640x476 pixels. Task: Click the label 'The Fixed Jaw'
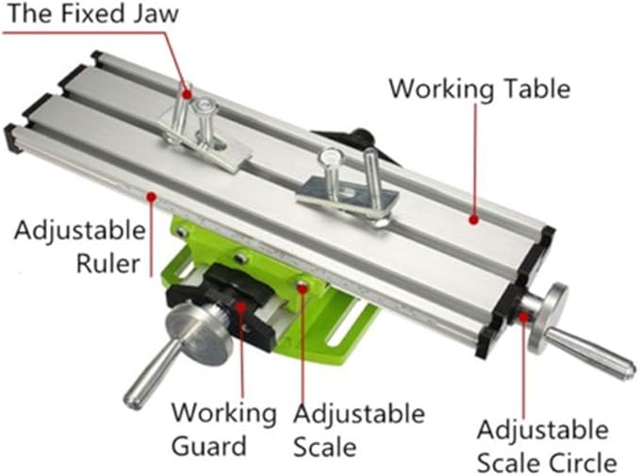pyautogui.click(x=90, y=15)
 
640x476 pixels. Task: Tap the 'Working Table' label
pyautogui.click(x=479, y=89)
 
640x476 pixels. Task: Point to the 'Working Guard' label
pyautogui.click(x=222, y=429)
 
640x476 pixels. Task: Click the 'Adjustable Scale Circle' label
pyautogui.click(x=547, y=446)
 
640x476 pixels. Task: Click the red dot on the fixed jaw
pyautogui.click(x=187, y=94)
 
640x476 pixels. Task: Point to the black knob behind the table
pyautogui.click(x=360, y=137)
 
